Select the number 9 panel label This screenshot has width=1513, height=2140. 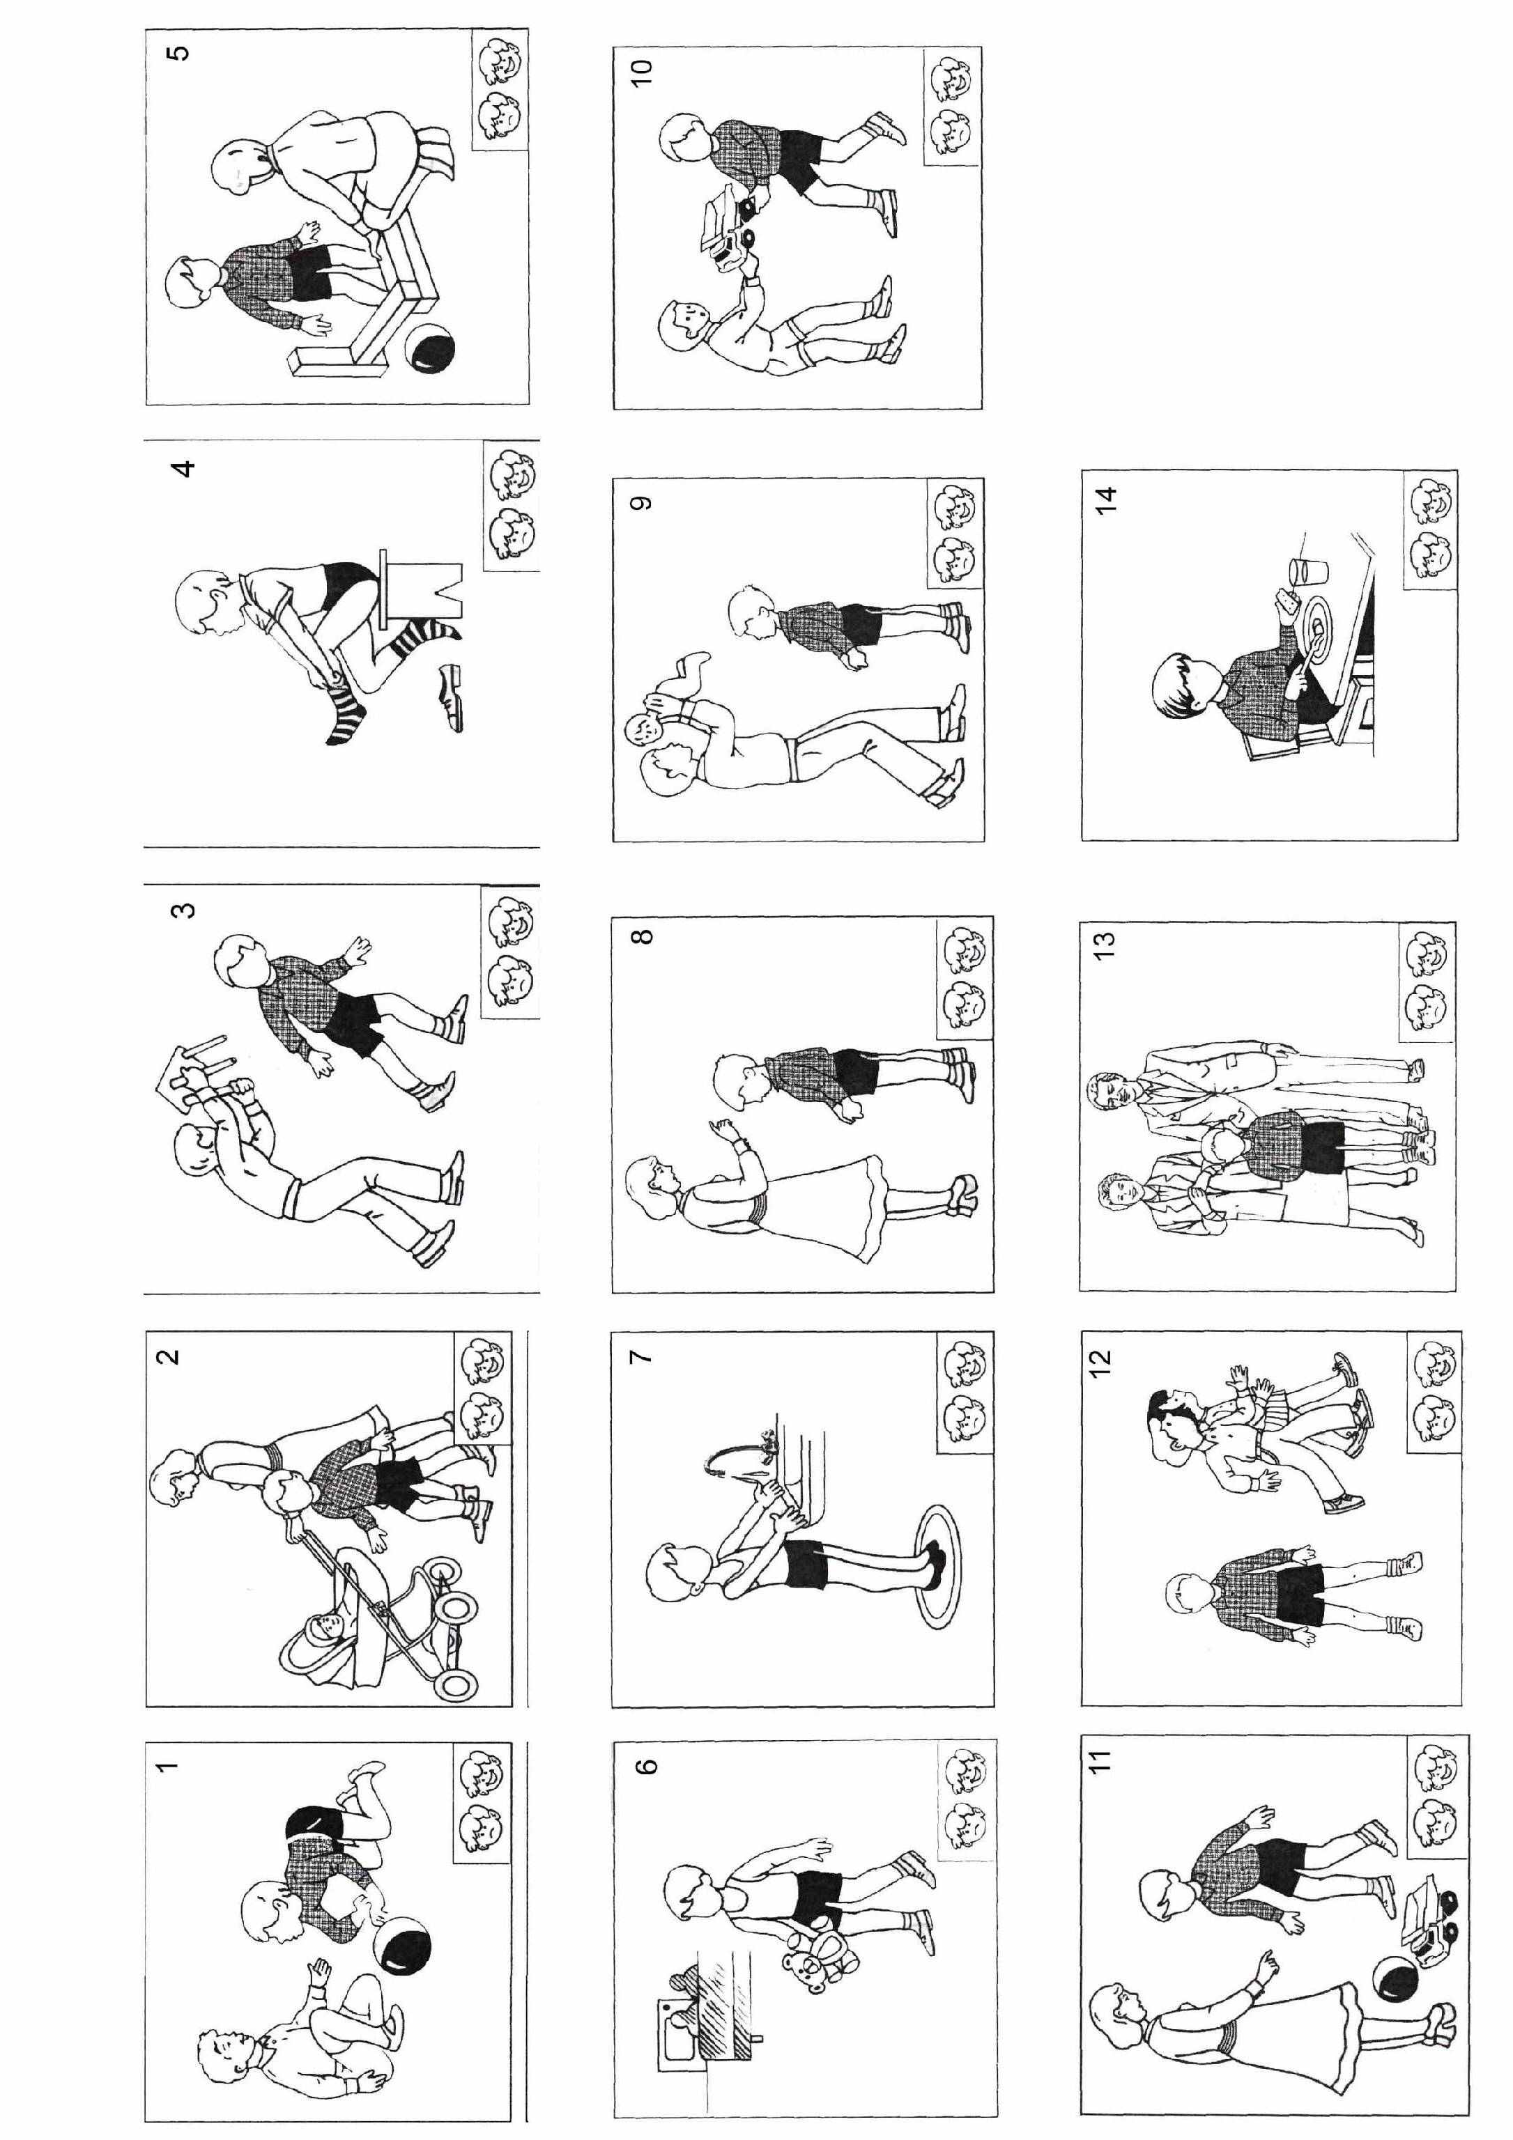point(641,504)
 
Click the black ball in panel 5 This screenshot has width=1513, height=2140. point(431,351)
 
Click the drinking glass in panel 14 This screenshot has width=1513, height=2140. point(1300,568)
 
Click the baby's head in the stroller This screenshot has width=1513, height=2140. point(323,1630)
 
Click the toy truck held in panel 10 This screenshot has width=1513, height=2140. point(732,227)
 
